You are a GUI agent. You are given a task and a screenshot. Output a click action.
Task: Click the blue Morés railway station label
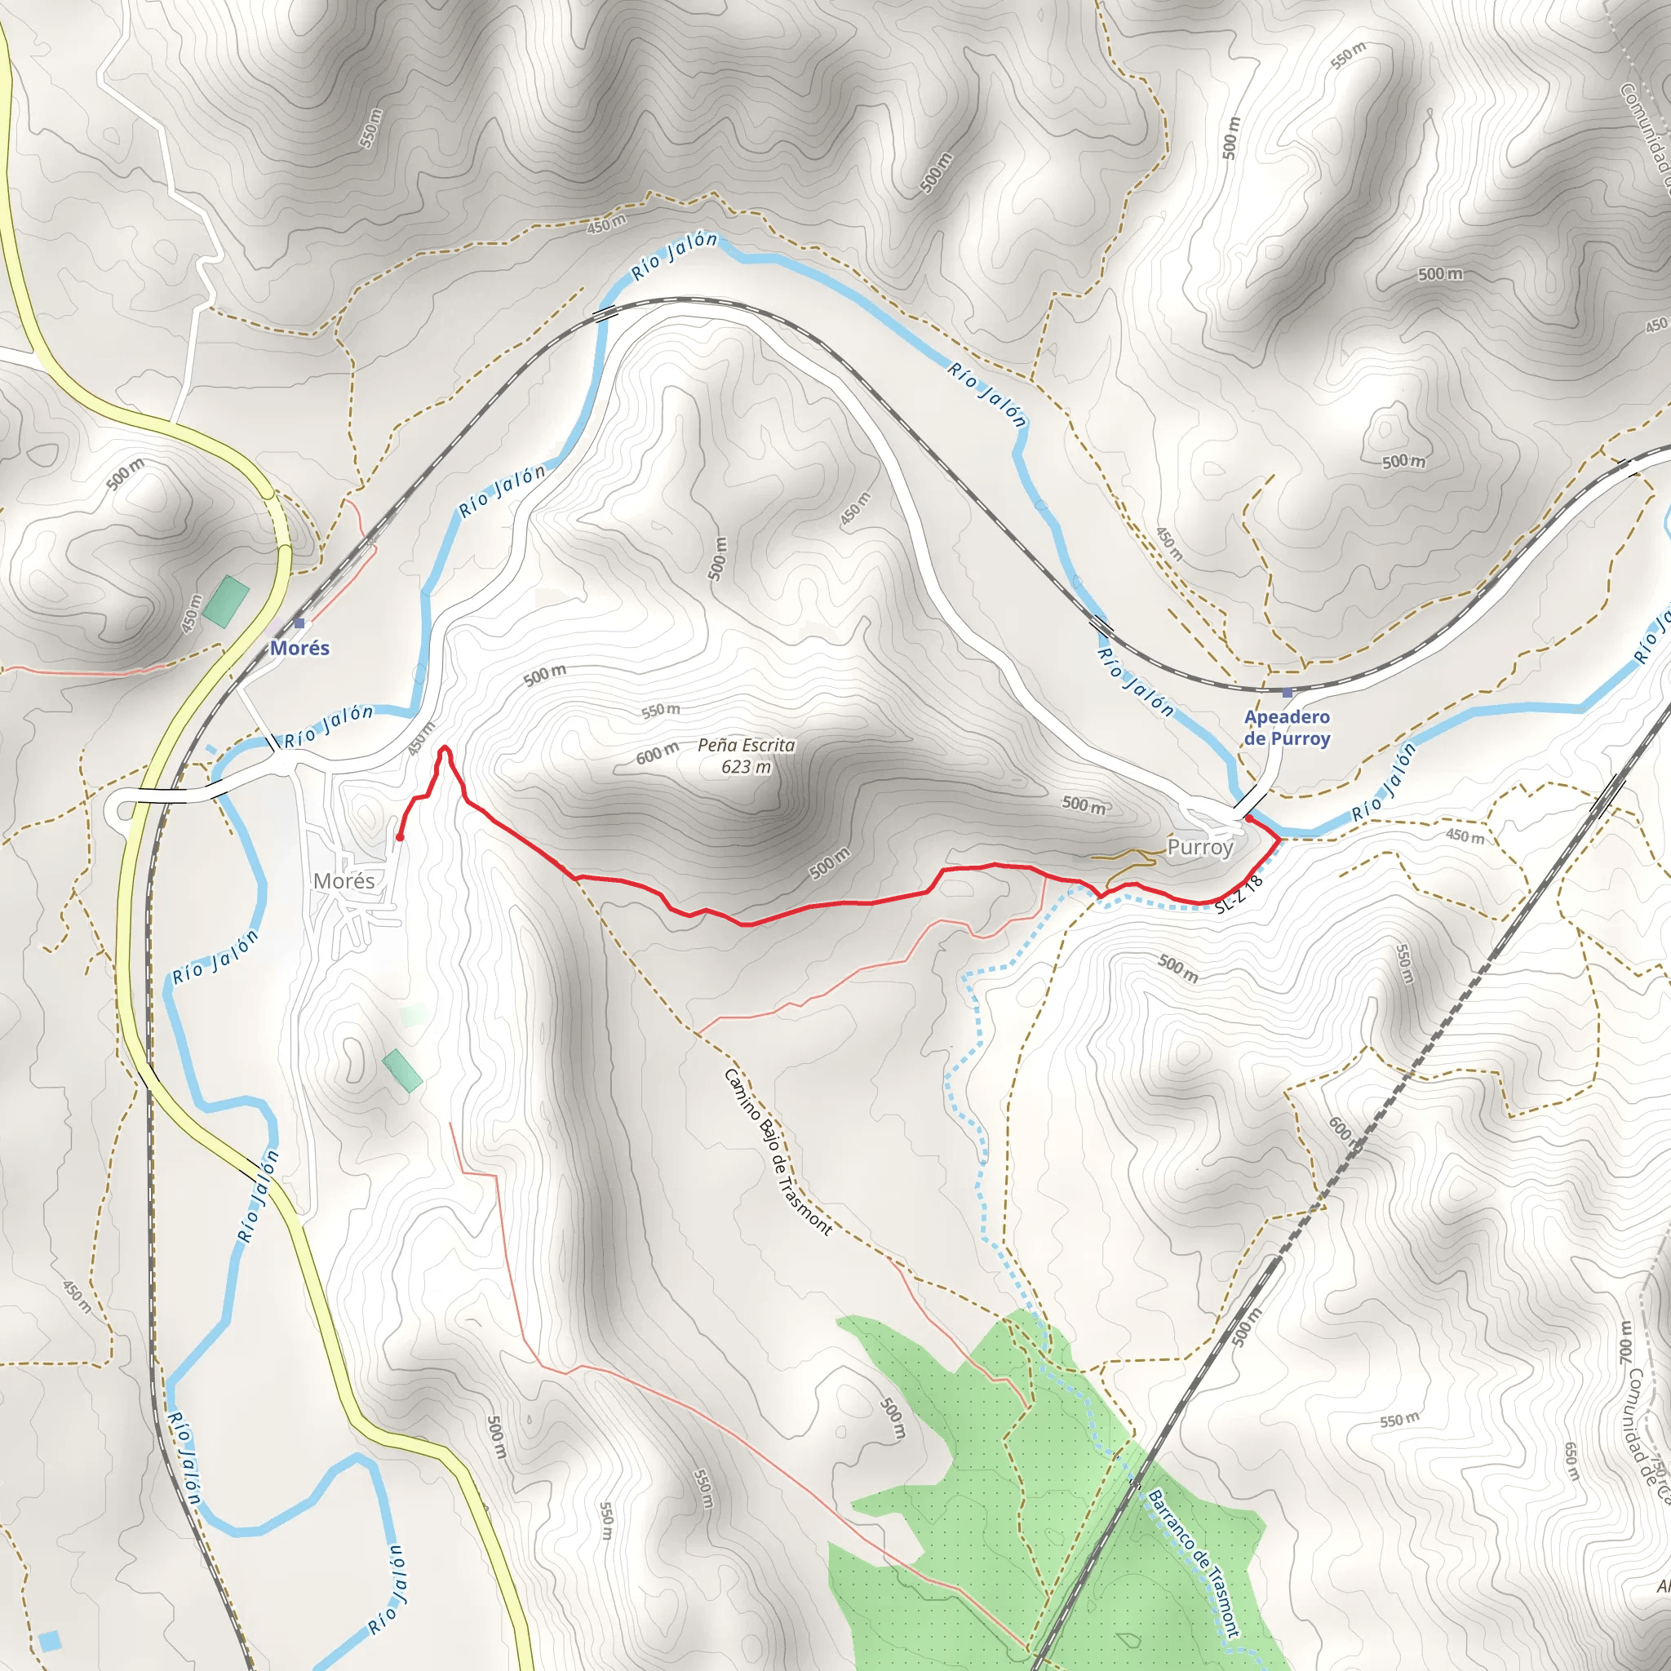point(299,648)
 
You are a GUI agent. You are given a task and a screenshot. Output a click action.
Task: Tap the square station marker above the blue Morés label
point(299,623)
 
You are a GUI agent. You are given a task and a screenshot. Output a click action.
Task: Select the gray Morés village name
point(344,880)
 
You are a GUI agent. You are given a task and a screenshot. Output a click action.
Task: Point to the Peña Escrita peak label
point(746,745)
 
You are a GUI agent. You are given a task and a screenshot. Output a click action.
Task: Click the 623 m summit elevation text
point(746,766)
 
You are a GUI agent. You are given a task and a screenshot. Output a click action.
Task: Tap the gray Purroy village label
point(1199,847)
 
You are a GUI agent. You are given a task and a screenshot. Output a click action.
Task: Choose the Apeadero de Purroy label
point(1287,727)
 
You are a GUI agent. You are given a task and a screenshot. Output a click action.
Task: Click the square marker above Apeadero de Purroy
point(1287,693)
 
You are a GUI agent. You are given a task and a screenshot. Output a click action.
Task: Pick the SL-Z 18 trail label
point(1239,894)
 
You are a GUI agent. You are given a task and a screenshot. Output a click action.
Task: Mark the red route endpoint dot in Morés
point(400,837)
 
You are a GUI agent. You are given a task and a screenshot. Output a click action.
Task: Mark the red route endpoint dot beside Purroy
point(1248,817)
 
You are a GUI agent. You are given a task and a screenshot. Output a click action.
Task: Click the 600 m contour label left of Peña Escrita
point(658,754)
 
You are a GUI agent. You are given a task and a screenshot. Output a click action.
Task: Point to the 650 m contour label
point(1571,1460)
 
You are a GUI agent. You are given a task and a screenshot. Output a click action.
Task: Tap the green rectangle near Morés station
point(227,601)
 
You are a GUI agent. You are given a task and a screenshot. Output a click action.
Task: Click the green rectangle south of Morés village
point(402,1070)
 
